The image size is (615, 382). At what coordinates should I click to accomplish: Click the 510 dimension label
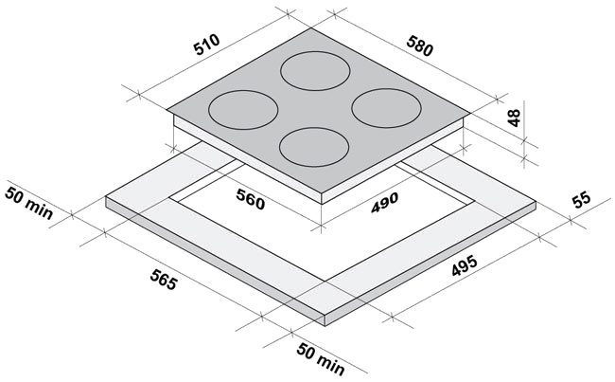tap(207, 45)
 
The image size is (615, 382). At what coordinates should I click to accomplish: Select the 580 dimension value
tap(420, 45)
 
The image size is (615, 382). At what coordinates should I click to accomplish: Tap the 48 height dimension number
tap(514, 118)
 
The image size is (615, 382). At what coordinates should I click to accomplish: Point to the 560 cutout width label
tap(251, 198)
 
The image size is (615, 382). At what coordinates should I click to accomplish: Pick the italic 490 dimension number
tap(385, 203)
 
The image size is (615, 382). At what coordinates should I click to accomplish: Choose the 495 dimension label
tap(465, 265)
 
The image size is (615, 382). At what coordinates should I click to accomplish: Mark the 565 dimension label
tap(164, 280)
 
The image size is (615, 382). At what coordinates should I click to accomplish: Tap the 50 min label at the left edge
tap(28, 203)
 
